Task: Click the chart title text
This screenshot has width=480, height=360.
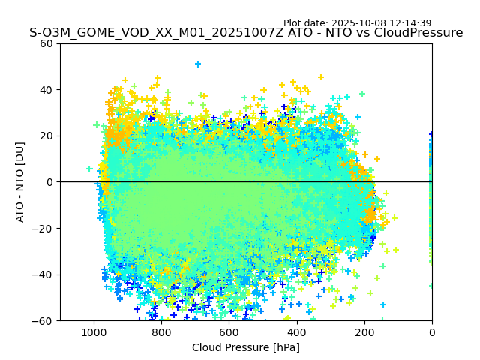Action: click(x=246, y=33)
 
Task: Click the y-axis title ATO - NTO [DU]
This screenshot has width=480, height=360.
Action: click(x=20, y=181)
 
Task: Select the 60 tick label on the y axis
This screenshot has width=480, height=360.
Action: click(x=46, y=43)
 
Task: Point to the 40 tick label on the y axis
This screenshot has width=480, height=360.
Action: click(x=46, y=90)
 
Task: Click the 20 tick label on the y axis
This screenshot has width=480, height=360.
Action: click(x=46, y=136)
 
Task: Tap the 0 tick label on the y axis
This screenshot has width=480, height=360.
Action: click(x=49, y=182)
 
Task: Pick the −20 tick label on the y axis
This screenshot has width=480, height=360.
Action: click(x=43, y=228)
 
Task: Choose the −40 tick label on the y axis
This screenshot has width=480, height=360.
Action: click(x=43, y=274)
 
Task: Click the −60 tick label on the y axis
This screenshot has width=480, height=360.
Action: click(x=43, y=320)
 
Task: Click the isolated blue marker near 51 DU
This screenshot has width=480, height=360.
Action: click(x=198, y=64)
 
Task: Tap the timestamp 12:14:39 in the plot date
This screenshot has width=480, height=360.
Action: click(x=409, y=23)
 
